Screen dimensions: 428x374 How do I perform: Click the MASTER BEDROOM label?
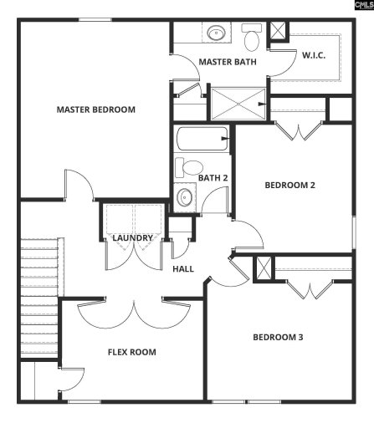click(x=95, y=110)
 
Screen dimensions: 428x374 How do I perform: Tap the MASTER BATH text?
click(x=227, y=62)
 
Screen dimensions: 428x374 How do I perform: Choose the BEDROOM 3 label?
click(x=278, y=337)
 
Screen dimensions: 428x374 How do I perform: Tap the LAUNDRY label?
click(x=133, y=238)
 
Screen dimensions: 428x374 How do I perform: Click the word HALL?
click(x=183, y=269)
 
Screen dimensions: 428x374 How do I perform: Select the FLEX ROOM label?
click(x=132, y=352)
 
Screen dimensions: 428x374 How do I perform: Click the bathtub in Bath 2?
click(x=202, y=139)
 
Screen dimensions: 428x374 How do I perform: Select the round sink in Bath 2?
click(x=184, y=198)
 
